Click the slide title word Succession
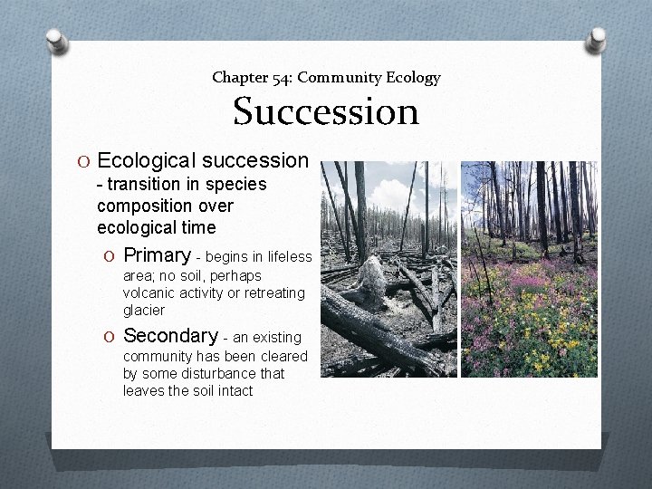pyautogui.click(x=326, y=112)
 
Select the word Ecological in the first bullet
pyautogui.click(x=147, y=160)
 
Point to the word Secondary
pyautogui.click(x=170, y=335)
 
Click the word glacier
pyautogui.click(x=144, y=310)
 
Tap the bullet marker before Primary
pyautogui.click(x=110, y=255)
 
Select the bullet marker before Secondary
pyautogui.click(x=110, y=336)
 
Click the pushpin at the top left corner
pyautogui.click(x=56, y=42)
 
